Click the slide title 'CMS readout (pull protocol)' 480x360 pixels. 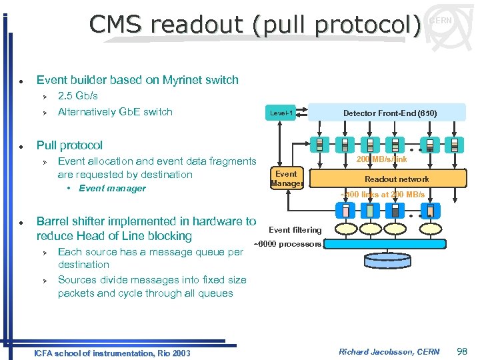(255, 25)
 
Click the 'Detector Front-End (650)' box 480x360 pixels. (389, 113)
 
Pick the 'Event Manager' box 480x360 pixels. (287, 179)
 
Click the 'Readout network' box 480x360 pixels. (396, 179)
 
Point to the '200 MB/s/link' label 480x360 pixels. (381, 159)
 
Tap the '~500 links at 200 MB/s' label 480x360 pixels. (382, 195)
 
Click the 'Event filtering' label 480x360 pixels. (295, 230)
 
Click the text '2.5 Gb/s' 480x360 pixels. (78, 96)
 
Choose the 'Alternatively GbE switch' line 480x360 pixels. (115, 112)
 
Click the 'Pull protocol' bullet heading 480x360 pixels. (69, 145)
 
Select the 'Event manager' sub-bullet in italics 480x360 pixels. (112, 189)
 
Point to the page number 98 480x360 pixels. (461, 351)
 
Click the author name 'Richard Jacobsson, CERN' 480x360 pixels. (389, 351)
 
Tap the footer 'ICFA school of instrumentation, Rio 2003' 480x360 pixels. (111, 353)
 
